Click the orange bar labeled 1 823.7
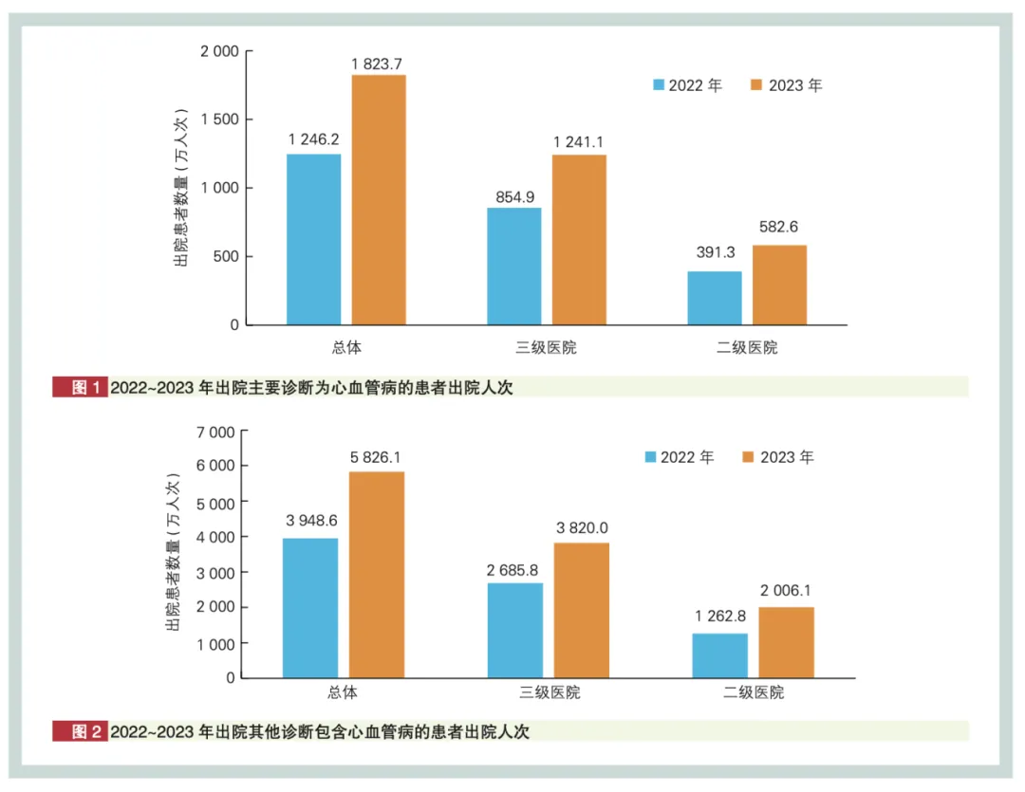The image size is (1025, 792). pos(379,199)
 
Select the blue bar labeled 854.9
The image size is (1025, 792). pos(513,267)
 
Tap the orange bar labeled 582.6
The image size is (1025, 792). pos(779,285)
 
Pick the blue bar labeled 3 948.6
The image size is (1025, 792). pos(310,608)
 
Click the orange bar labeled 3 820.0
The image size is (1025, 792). pos(582,610)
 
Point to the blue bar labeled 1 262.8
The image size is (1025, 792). pos(720,655)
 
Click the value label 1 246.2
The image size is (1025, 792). pos(313,139)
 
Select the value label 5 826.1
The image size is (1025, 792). pos(377,456)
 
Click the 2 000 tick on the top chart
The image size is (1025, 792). pos(218,51)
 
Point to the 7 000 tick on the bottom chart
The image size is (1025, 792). pos(214,433)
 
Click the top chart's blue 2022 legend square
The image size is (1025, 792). pos(658,85)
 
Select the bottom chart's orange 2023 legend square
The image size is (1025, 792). pos(748,457)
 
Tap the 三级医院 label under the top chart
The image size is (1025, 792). pos(546,347)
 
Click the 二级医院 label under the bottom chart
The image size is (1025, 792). pos(754,692)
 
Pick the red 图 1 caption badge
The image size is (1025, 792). pos(80,387)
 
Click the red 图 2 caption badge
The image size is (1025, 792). pos(80,731)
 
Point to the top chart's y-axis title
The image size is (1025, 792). pos(180,189)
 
